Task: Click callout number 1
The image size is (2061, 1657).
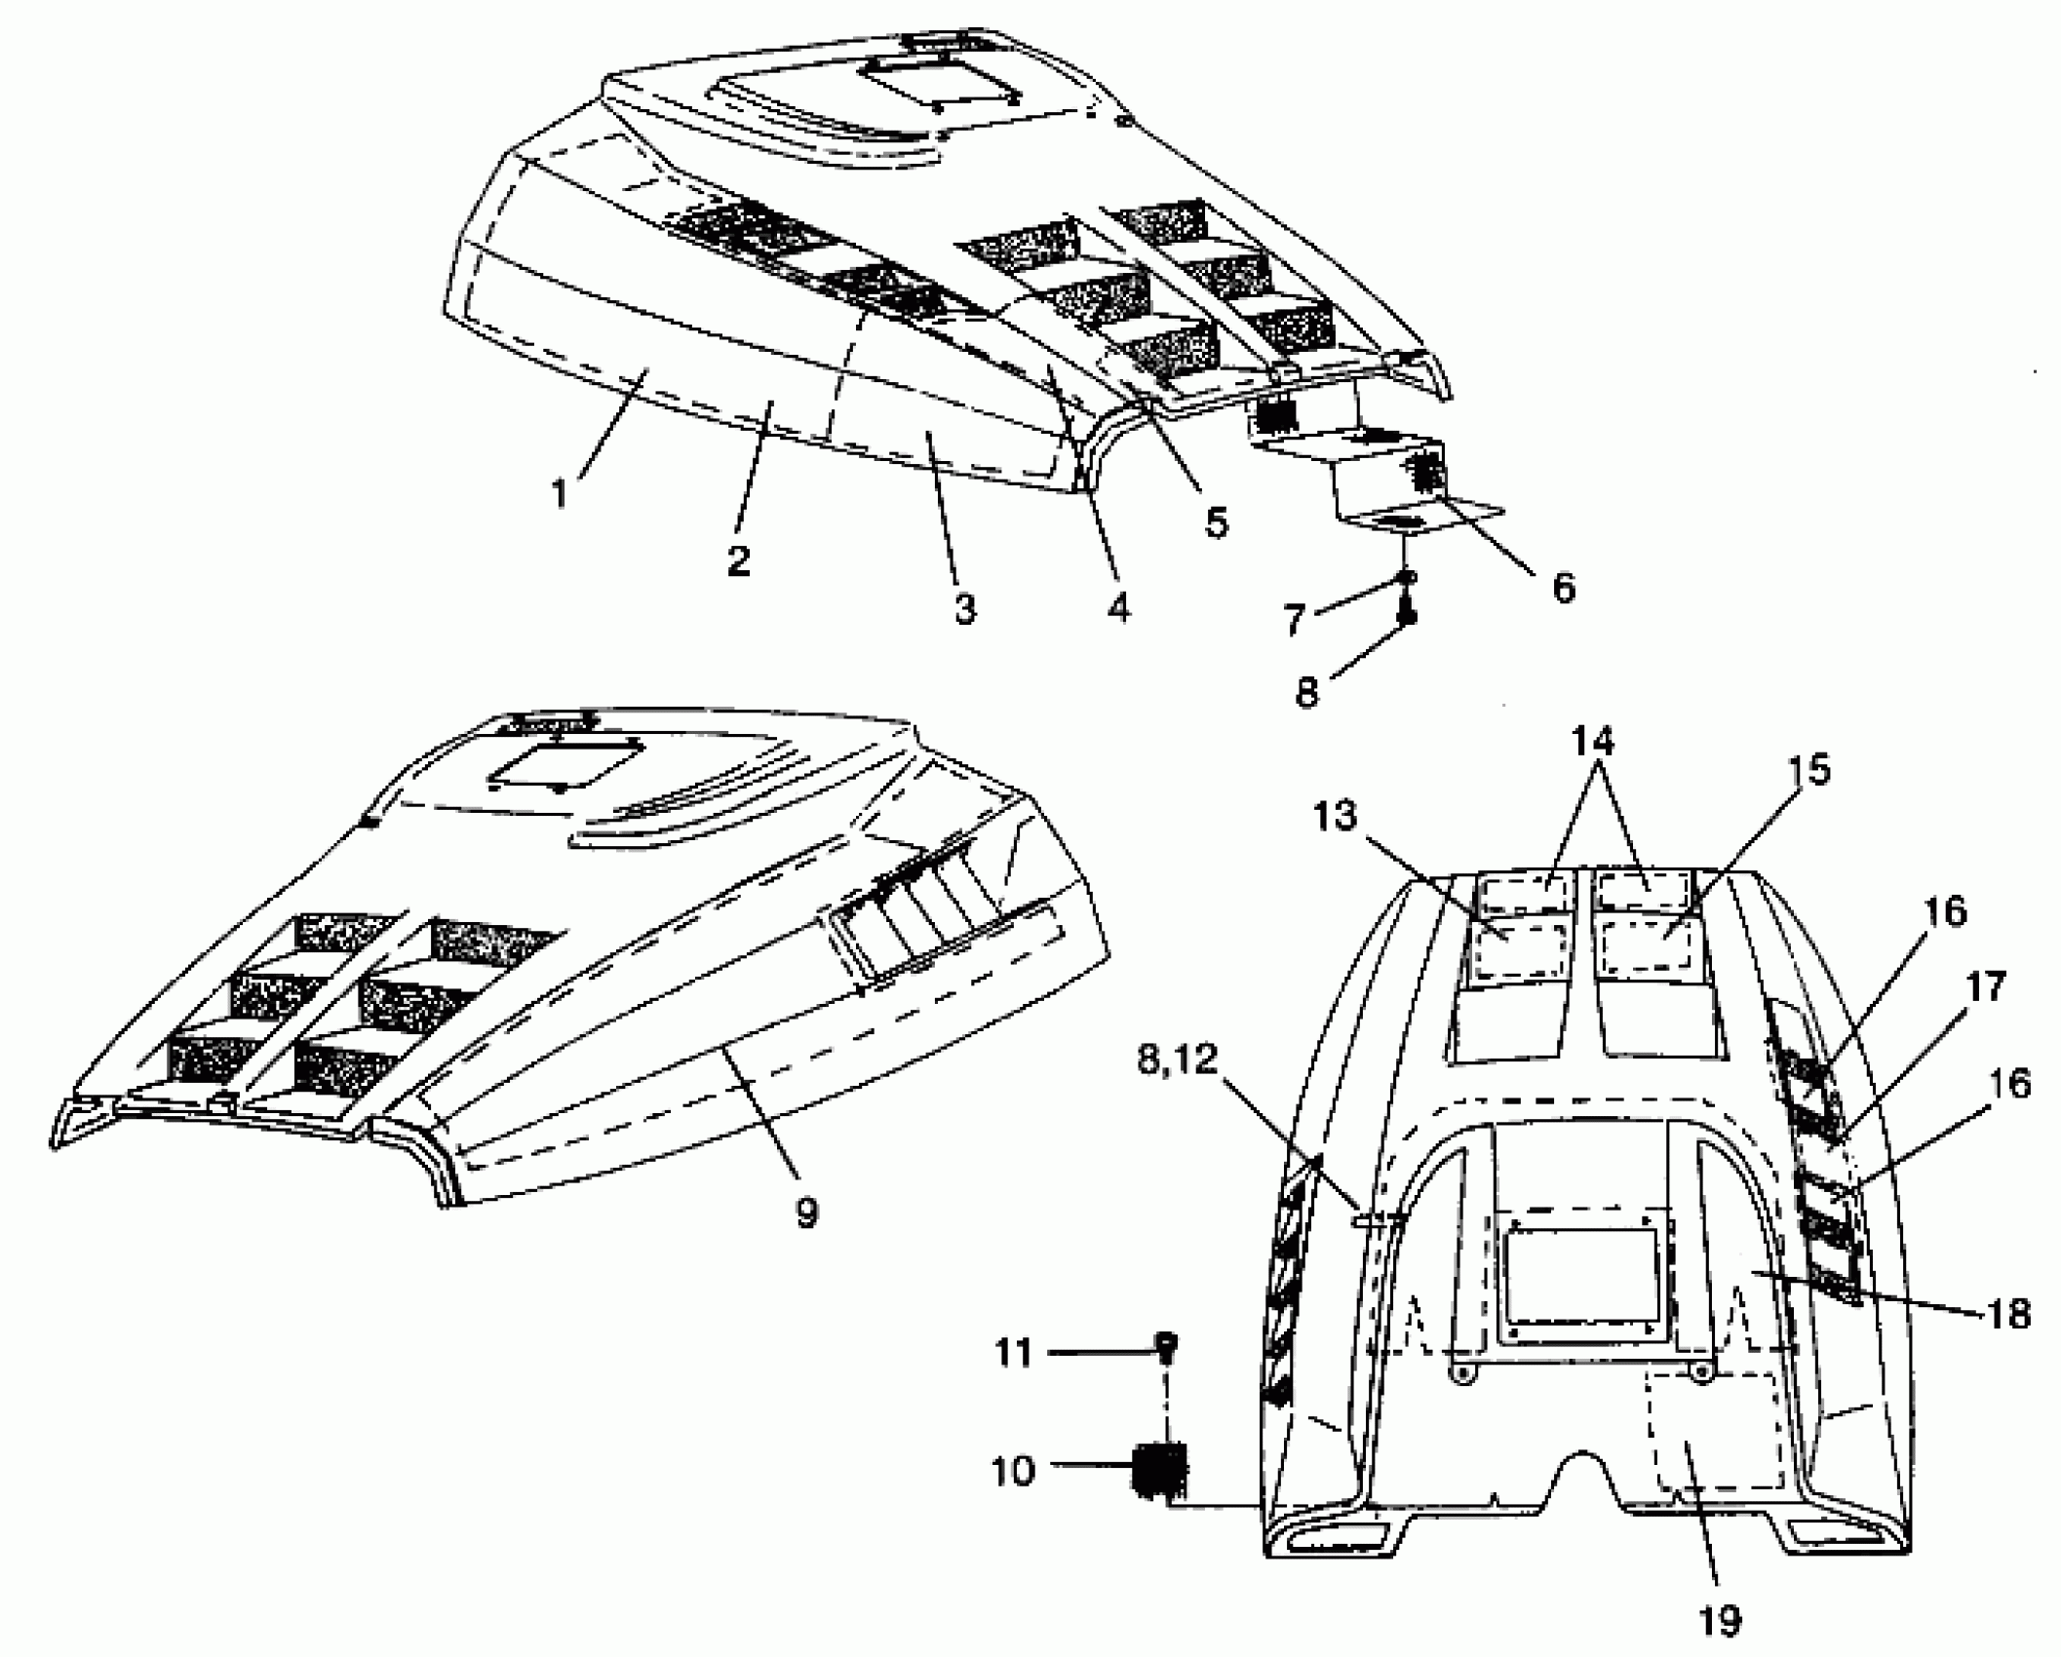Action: pos(559,493)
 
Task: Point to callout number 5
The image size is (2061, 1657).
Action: pos(1216,522)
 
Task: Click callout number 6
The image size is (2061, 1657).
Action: pos(1563,587)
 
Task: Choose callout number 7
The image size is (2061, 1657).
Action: pos(1294,620)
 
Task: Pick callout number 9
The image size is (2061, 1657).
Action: pos(806,1213)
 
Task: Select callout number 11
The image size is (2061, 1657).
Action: pos(1013,1353)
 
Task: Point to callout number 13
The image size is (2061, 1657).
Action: pos(1334,816)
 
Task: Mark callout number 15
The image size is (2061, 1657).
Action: pos(1810,770)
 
